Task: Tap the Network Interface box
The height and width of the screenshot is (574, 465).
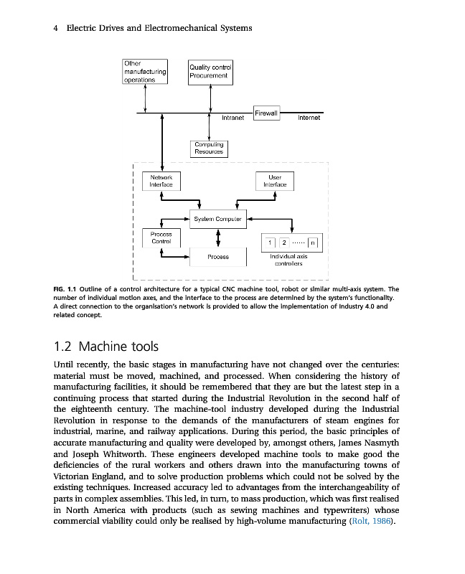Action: (x=160, y=180)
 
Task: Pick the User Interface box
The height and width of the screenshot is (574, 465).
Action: (x=274, y=180)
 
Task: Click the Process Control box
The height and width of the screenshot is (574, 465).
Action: (x=160, y=237)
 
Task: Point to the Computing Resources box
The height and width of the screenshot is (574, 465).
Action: (x=208, y=148)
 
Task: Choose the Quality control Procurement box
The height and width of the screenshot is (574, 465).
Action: (x=208, y=71)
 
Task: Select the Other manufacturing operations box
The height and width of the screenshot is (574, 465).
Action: (x=145, y=72)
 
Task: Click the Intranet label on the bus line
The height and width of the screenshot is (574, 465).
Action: (x=233, y=118)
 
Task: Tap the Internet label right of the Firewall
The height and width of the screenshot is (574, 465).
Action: (x=309, y=118)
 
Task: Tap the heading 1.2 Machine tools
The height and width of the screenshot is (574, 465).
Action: (x=111, y=347)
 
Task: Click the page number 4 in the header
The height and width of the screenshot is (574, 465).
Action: (x=56, y=28)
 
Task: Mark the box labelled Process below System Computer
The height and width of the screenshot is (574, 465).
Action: (x=217, y=256)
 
